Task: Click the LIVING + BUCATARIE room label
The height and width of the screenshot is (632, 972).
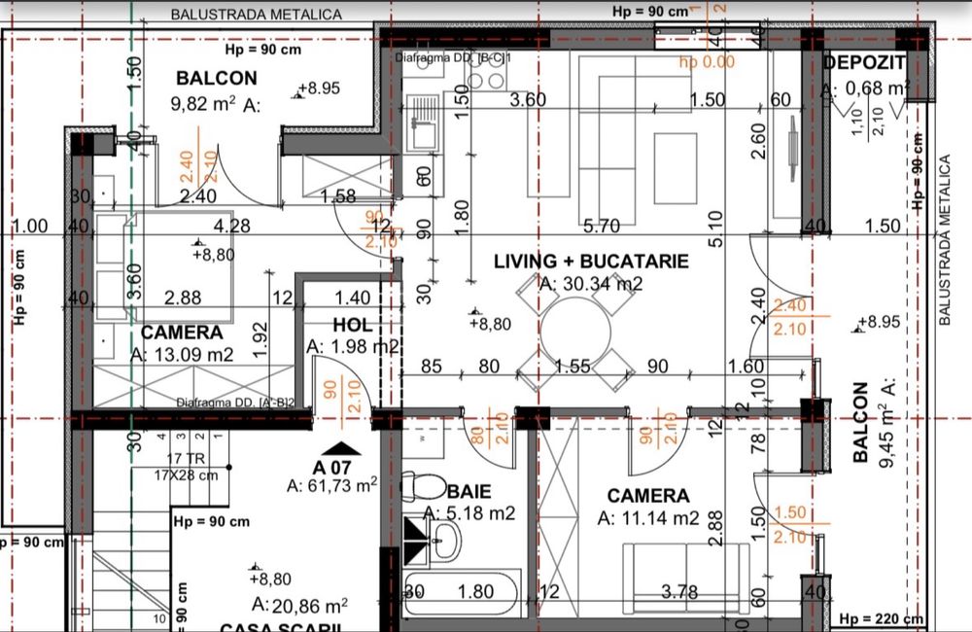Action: tap(591, 262)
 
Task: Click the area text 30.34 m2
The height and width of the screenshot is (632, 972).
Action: tap(591, 284)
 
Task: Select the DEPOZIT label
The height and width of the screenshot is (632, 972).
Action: tap(864, 63)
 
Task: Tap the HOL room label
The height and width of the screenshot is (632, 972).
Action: tap(353, 325)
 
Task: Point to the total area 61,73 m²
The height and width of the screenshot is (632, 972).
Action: tap(332, 484)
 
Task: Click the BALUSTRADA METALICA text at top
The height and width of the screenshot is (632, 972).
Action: tap(256, 15)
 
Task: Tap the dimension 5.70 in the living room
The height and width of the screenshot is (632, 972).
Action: tap(602, 228)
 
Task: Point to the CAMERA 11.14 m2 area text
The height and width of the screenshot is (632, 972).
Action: tap(648, 518)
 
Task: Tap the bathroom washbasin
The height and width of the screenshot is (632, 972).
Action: tap(448, 539)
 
